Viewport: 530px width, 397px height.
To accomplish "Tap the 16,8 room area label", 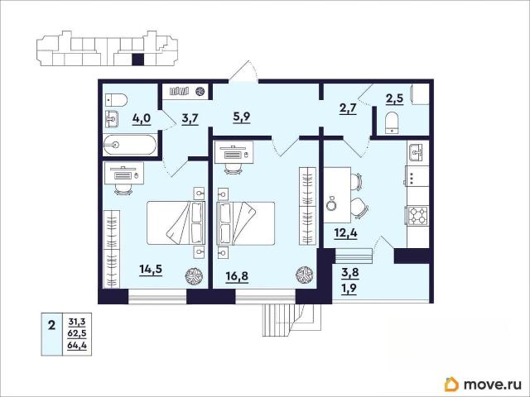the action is click(x=237, y=276).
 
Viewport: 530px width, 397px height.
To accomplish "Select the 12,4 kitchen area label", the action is click(x=346, y=233).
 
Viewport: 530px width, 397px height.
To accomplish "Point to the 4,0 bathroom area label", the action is click(x=142, y=119).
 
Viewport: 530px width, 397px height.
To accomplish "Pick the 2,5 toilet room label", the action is click(x=394, y=99).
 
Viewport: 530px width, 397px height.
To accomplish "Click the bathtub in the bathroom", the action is click(x=130, y=145).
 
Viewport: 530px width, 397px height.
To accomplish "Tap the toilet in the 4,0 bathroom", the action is click(x=116, y=100).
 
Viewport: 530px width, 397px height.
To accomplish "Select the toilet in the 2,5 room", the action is click(x=392, y=122).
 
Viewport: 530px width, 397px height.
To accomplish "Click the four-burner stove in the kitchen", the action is click(x=418, y=216).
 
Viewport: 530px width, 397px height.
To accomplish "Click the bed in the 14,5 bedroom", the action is click(x=176, y=222).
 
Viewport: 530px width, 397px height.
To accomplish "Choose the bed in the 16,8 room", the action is click(x=245, y=223).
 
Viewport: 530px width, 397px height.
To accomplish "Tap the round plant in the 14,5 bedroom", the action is click(x=194, y=276).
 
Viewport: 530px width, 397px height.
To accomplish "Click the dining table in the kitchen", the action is click(x=337, y=195).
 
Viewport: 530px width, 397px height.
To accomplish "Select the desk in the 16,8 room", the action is click(x=234, y=152).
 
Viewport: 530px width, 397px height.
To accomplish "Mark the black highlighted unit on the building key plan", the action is click(x=137, y=60).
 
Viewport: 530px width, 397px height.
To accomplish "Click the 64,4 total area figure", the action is click(x=77, y=346).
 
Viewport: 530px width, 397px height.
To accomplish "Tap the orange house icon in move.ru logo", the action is click(x=451, y=384).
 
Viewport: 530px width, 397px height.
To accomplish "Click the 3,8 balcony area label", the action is click(x=349, y=272).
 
